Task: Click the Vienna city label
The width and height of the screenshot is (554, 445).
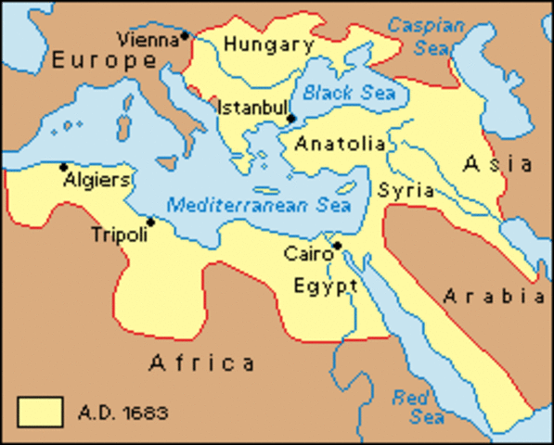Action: point(148,39)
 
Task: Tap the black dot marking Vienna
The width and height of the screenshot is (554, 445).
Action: point(185,35)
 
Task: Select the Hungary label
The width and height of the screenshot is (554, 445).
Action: point(269,44)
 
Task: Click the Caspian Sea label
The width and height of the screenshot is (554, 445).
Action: point(425,35)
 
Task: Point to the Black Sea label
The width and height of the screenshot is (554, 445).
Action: point(349,93)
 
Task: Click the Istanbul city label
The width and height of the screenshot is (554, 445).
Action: point(251,108)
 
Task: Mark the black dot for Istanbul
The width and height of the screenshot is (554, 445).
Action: point(291,119)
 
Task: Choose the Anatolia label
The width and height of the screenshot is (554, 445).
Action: point(340,144)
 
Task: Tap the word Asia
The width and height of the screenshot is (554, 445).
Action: point(498,164)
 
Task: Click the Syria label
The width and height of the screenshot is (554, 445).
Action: point(406,190)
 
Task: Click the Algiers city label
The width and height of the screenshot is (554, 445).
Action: point(97,180)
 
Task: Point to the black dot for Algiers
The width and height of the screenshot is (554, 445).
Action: point(63,168)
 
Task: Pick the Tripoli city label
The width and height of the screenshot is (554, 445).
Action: point(119,235)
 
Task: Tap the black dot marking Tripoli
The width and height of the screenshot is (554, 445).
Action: point(150,222)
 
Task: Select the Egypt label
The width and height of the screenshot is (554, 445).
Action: point(326,285)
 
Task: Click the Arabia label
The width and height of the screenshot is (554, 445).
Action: point(493,297)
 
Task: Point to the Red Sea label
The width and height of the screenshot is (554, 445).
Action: point(409,406)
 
